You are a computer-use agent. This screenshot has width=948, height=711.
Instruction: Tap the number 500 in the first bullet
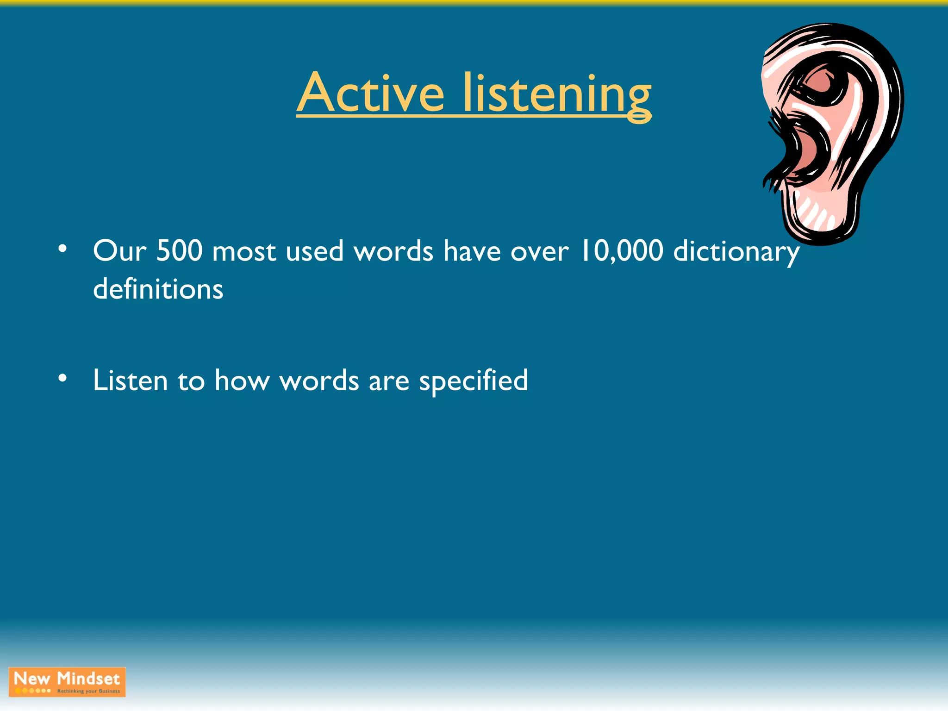coord(179,251)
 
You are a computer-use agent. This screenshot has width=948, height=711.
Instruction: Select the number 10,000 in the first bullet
coord(622,251)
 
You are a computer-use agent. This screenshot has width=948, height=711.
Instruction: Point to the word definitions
coord(158,289)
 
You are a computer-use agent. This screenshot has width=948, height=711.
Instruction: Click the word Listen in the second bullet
coord(130,380)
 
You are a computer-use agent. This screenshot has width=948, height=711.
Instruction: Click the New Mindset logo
coord(67,681)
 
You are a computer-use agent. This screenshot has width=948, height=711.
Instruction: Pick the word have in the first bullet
coord(472,251)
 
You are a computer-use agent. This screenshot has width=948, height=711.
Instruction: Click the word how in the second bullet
coord(242,380)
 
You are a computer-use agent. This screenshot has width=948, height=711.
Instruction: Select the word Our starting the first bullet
coord(119,251)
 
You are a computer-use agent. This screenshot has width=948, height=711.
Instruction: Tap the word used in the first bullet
coord(314,252)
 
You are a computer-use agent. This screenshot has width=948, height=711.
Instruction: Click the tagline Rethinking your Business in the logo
coord(88,691)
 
